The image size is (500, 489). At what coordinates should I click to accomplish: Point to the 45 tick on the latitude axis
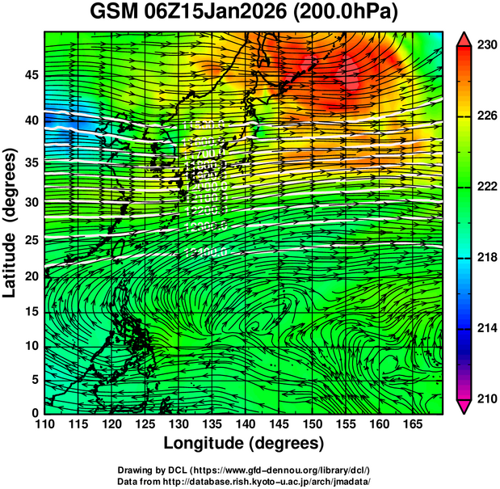tap(30, 75)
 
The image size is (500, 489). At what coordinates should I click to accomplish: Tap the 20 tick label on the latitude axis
tap(30, 276)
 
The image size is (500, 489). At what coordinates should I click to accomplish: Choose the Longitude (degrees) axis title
tap(244, 443)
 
